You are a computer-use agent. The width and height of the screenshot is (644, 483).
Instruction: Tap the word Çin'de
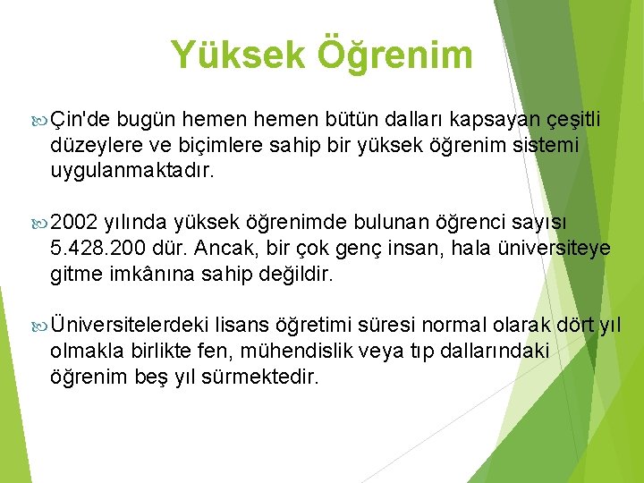80,120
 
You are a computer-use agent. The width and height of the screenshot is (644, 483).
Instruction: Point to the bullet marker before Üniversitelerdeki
39,325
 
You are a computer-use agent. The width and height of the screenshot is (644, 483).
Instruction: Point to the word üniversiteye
555,248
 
